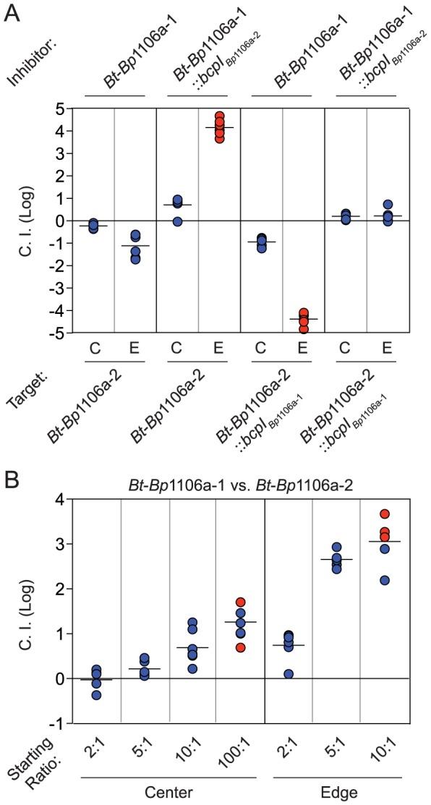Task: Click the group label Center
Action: [x=168, y=791]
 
